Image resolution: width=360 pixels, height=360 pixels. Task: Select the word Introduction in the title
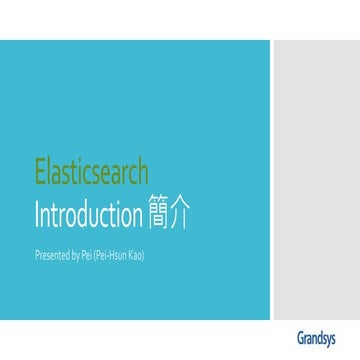point(86,214)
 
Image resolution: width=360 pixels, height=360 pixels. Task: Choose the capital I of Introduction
point(37,214)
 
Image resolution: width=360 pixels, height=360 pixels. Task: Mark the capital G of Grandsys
point(301,337)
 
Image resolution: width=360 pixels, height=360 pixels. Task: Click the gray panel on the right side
point(316,180)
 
